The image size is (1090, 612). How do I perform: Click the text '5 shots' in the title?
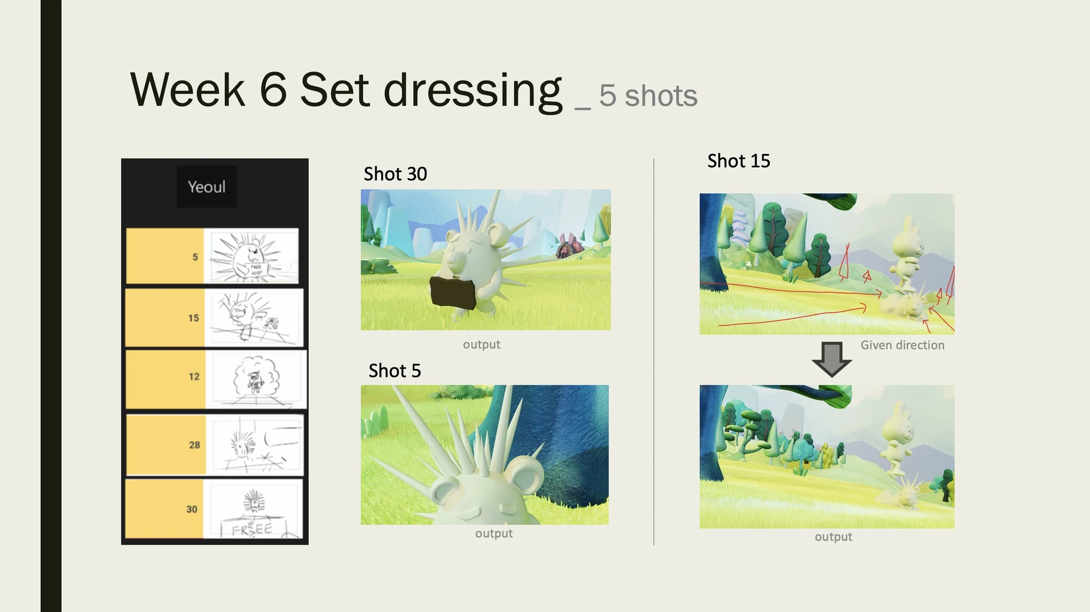click(x=648, y=95)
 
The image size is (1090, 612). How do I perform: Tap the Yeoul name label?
click(x=207, y=187)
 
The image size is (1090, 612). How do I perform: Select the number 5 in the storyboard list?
click(x=195, y=257)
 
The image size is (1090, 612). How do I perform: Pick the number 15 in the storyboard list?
click(x=194, y=318)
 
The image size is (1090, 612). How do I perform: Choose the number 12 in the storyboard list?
click(x=194, y=376)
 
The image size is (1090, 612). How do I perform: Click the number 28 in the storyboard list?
click(x=194, y=445)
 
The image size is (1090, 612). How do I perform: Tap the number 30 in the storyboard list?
click(x=192, y=509)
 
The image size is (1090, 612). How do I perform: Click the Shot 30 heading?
click(x=395, y=174)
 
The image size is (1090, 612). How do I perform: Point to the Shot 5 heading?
click(x=395, y=371)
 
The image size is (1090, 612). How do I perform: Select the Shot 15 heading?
click(x=739, y=161)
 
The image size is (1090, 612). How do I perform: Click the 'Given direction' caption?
click(x=902, y=345)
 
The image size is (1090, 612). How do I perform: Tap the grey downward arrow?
click(x=832, y=359)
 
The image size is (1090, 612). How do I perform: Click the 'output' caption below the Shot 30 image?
click(x=481, y=345)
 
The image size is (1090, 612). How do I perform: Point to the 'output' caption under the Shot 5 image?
click(x=493, y=534)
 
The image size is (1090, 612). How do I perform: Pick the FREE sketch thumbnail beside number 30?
click(x=253, y=509)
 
